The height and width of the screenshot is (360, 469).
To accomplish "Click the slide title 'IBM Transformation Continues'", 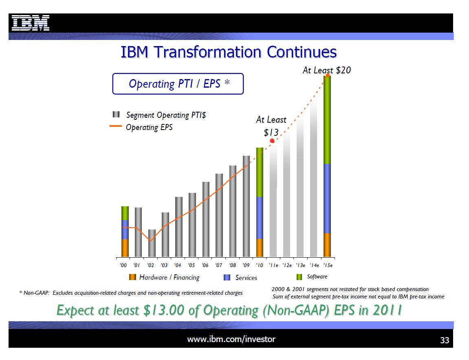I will [x=229, y=53].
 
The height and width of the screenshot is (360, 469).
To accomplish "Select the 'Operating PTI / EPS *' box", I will [x=178, y=84].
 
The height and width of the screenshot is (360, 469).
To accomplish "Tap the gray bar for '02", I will [x=152, y=243].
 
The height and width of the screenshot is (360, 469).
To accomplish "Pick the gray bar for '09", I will [x=246, y=206].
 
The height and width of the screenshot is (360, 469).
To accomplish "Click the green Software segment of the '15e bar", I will [x=327, y=120].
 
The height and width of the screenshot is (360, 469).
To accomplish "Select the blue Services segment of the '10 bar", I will [x=260, y=218].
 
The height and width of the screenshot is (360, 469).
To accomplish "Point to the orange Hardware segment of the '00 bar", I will [x=125, y=248].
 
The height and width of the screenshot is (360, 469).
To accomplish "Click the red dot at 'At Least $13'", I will [x=272, y=141].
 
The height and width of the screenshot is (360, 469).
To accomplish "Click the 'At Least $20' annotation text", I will [x=326, y=70].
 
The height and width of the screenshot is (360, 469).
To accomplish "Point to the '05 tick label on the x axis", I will [x=191, y=265].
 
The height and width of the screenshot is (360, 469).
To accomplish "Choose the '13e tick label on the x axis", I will [x=301, y=265].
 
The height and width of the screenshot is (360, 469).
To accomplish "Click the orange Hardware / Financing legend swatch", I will [x=132, y=277].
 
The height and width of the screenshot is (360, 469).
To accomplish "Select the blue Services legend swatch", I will [x=228, y=277].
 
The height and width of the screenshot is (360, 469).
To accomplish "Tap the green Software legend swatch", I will [x=299, y=277].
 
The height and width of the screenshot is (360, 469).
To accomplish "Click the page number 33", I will [x=444, y=340].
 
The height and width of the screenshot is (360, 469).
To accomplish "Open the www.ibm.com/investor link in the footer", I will [x=231, y=339].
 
